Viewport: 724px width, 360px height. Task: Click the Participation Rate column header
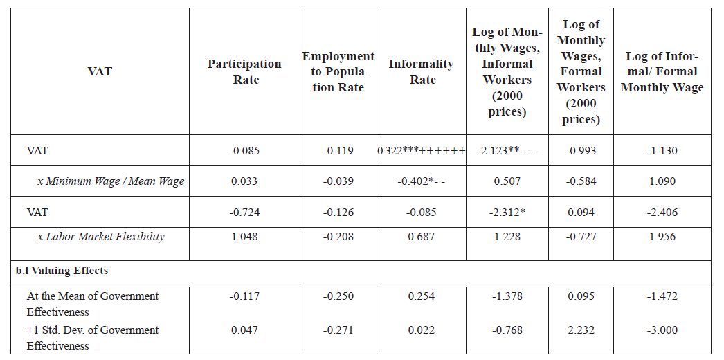[x=244, y=71]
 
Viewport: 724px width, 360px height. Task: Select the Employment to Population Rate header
[x=338, y=71]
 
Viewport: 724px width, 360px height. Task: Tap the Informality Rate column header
[x=421, y=71]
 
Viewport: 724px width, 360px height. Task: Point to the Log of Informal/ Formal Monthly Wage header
[x=662, y=71]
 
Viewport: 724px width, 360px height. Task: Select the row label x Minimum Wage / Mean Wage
[x=111, y=181]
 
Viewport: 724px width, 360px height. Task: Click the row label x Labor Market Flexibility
[x=101, y=237]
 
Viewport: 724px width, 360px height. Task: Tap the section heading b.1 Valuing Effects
[x=62, y=271]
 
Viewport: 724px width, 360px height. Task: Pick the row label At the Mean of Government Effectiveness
[x=93, y=304]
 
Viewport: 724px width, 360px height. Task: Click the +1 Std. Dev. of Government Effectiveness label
[x=93, y=338]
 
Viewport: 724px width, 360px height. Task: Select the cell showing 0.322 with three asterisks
[x=421, y=151]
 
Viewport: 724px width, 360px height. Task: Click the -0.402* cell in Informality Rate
[x=421, y=181]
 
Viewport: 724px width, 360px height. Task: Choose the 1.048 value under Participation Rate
[x=244, y=237]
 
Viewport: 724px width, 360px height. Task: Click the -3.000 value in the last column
[x=662, y=330]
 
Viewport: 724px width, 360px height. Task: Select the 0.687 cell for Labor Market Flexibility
[x=421, y=237]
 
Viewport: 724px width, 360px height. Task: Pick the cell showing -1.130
[x=662, y=151]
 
